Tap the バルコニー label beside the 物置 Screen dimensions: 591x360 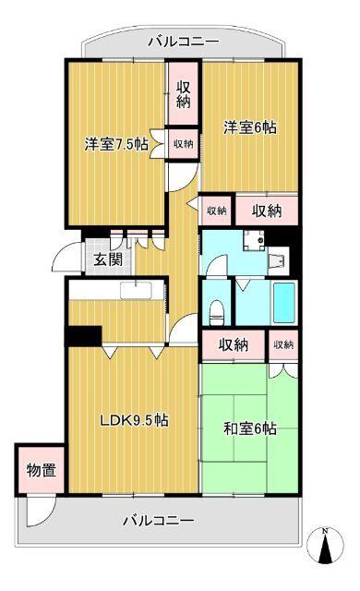point(159,521)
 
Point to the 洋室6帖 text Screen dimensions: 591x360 point(247,128)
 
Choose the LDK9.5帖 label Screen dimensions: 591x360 point(134,420)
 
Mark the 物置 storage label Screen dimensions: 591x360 point(41,470)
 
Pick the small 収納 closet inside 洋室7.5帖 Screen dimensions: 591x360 point(183,143)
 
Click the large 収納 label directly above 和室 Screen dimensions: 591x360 point(234,344)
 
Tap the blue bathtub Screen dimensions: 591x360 point(283,302)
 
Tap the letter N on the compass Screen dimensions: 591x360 point(325,531)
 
